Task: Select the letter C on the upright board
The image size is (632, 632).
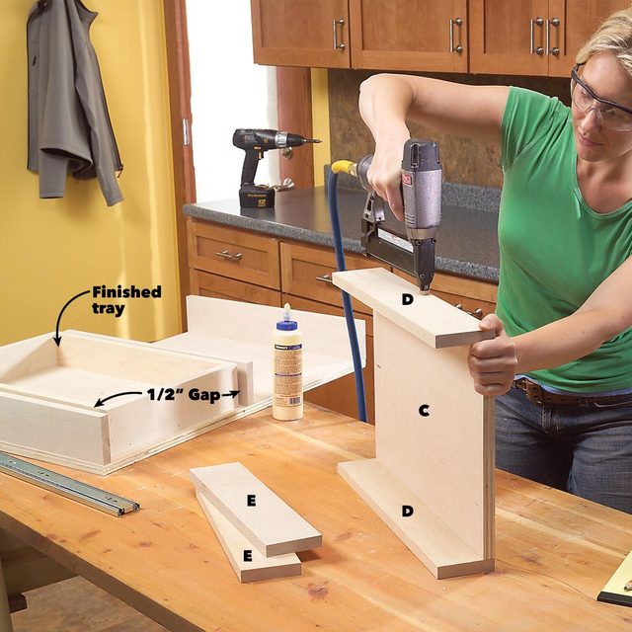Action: (x=424, y=410)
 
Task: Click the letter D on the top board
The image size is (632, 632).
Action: (x=407, y=299)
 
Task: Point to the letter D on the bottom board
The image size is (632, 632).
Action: (x=407, y=511)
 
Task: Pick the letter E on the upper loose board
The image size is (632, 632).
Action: (x=251, y=501)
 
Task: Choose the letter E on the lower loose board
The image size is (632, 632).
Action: (x=246, y=556)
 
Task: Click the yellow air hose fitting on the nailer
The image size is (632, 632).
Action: (x=343, y=167)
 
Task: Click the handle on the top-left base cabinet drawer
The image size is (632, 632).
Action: (x=229, y=256)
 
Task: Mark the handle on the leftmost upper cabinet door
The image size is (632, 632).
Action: (x=339, y=35)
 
